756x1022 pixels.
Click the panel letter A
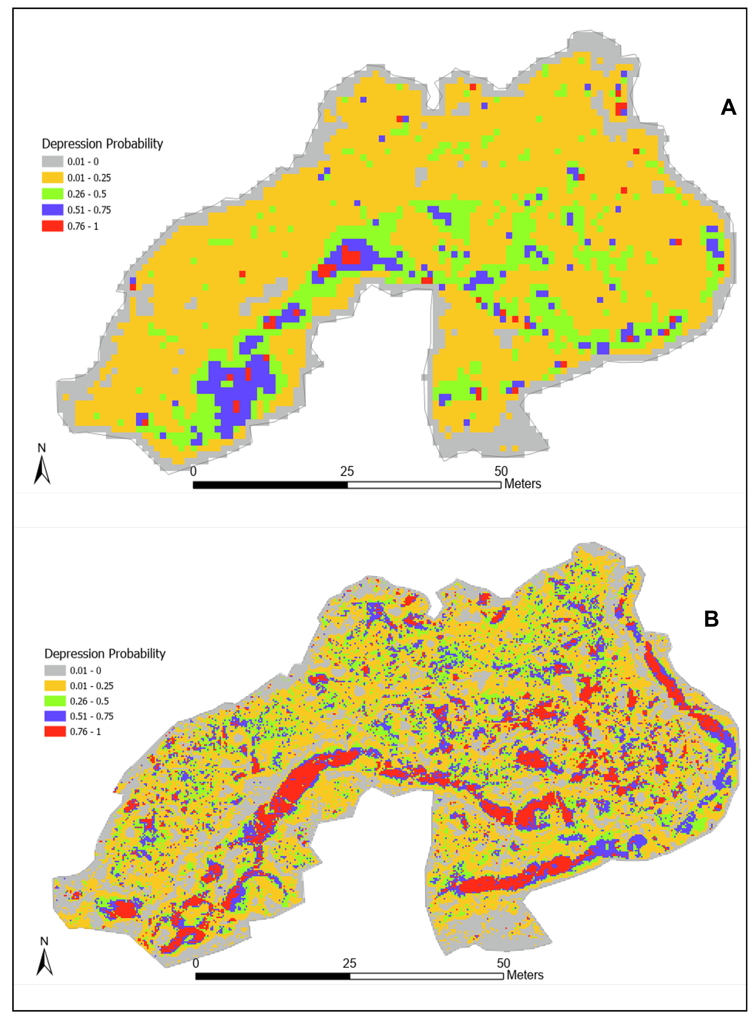(728, 107)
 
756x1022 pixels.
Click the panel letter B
(711, 619)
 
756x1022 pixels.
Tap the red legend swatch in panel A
(53, 226)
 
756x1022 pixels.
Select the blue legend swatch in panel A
(53, 210)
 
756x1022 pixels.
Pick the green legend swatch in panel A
(53, 194)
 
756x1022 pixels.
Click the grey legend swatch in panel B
(55, 671)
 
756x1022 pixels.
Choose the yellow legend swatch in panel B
(55, 686)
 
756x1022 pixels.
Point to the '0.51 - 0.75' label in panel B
(92, 716)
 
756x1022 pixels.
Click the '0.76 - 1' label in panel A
(83, 226)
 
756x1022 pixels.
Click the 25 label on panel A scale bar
(347, 471)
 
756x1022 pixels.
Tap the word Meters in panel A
(523, 484)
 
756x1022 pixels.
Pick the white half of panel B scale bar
(426, 976)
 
